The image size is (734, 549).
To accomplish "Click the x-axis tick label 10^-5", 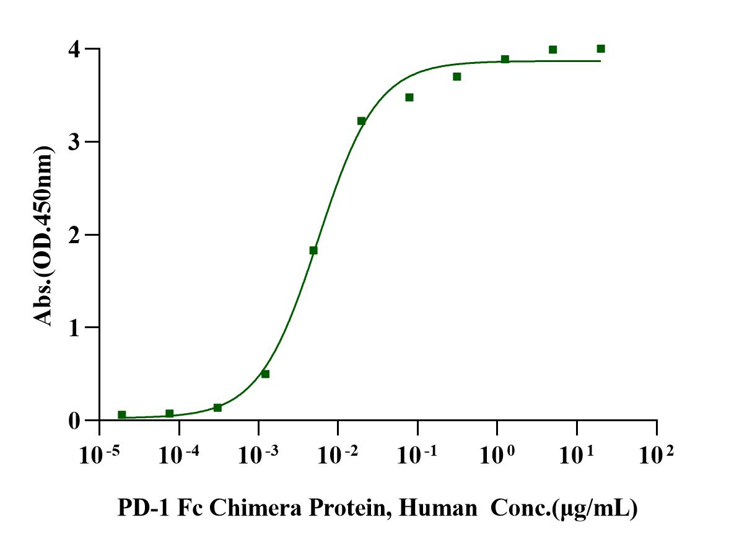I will [x=99, y=457].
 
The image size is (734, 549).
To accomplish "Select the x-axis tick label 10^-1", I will [x=417, y=457].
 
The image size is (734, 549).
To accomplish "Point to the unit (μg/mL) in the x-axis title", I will [x=595, y=510].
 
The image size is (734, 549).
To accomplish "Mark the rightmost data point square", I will [x=601, y=48].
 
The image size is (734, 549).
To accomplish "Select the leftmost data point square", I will [x=121, y=414].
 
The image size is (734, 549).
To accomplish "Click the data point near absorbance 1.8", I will [x=313, y=250].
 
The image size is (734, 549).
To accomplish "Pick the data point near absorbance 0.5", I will [x=265, y=373].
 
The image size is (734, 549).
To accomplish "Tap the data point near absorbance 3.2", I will [x=361, y=121].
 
